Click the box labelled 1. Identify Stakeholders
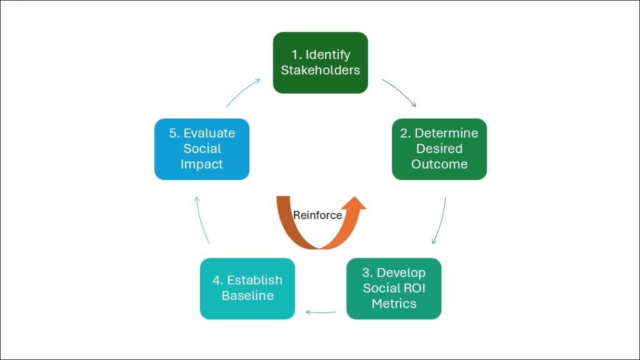click(x=320, y=62)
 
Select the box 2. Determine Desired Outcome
click(x=439, y=149)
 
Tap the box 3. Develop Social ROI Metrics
click(x=394, y=288)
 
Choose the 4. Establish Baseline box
click(x=247, y=288)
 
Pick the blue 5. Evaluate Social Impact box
click(x=201, y=149)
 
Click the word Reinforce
click(x=317, y=215)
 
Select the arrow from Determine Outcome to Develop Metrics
click(x=441, y=220)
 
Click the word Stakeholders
click(x=320, y=70)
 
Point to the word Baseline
click(x=247, y=296)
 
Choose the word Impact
click(x=201, y=164)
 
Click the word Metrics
click(x=394, y=304)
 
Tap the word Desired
click(x=439, y=149)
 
